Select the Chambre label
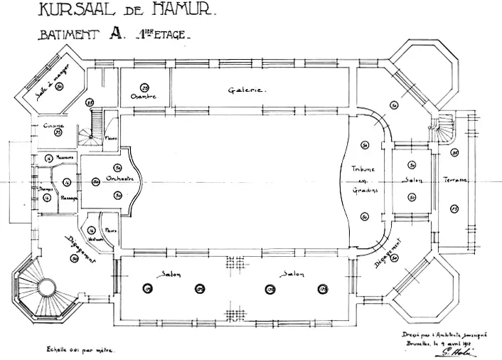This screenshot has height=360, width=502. (143, 96)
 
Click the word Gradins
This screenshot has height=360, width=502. (363, 191)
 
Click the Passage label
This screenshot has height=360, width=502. (69, 198)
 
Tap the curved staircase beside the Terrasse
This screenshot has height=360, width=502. (447, 129)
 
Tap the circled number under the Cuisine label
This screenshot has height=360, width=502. (58, 132)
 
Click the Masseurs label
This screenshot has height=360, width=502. (66, 158)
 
